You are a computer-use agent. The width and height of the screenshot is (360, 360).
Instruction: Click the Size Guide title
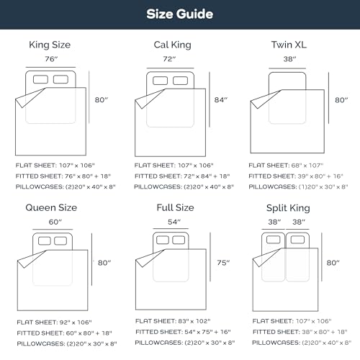(180, 14)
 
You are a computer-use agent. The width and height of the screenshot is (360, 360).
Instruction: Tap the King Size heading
(50, 45)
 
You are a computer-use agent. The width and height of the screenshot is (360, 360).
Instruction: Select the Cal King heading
(172, 45)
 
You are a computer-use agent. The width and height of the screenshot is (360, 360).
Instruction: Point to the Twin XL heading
(289, 45)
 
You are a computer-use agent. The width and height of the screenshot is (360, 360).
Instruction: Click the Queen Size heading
(51, 207)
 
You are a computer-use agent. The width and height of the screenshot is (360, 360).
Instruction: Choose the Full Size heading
(175, 207)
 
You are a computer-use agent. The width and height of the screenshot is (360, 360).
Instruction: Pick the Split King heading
(288, 208)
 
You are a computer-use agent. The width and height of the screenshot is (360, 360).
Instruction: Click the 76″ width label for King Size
(51, 59)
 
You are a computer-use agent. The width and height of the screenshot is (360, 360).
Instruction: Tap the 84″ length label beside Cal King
(221, 100)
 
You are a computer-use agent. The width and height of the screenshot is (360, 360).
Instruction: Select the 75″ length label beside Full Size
(223, 263)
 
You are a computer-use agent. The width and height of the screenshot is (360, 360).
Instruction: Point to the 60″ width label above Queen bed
(55, 222)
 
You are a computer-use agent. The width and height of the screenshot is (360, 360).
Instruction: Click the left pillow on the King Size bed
(40, 79)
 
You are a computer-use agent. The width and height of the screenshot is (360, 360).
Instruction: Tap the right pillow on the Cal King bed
(180, 81)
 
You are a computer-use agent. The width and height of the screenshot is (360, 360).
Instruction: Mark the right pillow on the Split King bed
(297, 240)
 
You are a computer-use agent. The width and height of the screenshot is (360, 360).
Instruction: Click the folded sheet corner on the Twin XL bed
(264, 99)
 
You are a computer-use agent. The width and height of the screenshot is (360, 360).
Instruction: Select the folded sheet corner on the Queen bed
(31, 258)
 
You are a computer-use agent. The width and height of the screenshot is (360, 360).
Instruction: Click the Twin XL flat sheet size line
(286, 166)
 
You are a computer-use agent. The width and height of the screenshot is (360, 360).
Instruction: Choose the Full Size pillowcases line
(185, 343)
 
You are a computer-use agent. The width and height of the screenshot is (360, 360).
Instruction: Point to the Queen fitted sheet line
(64, 333)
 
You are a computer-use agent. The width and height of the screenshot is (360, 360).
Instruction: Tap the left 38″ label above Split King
(274, 222)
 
